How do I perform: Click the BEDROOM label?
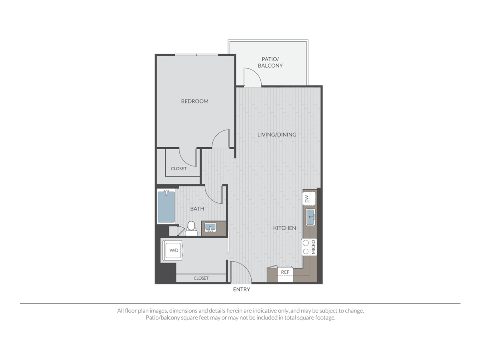point(195,101)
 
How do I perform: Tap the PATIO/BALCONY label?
point(270,62)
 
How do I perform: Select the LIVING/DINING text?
point(277,134)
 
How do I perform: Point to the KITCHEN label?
point(284,228)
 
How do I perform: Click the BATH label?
point(197,208)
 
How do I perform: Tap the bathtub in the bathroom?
point(166,208)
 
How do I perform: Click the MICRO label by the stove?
point(314,247)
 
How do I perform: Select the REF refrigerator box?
point(285,272)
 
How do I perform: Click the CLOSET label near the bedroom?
point(178,168)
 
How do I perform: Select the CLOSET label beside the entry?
point(201,278)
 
